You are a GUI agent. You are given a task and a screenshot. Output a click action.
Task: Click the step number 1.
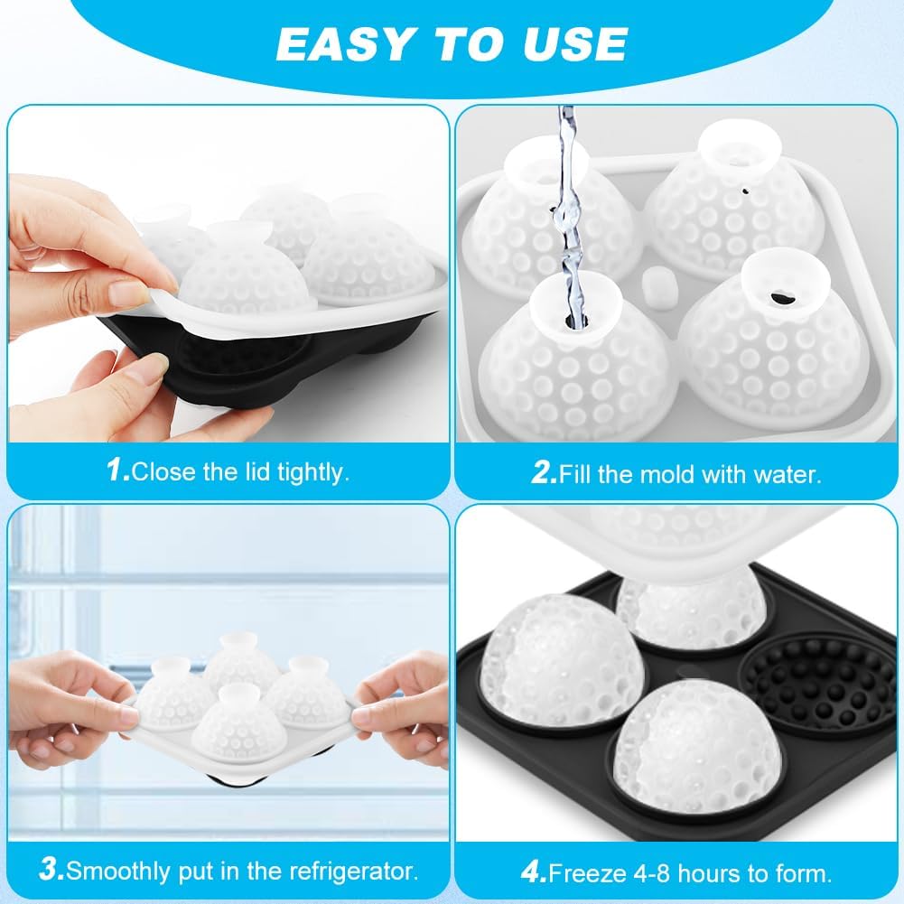[x=116, y=471]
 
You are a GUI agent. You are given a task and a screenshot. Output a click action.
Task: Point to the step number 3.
[x=51, y=871]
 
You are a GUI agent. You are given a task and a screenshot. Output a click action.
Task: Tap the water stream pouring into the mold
[x=567, y=208]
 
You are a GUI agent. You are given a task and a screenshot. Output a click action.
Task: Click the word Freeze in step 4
[x=586, y=873]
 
